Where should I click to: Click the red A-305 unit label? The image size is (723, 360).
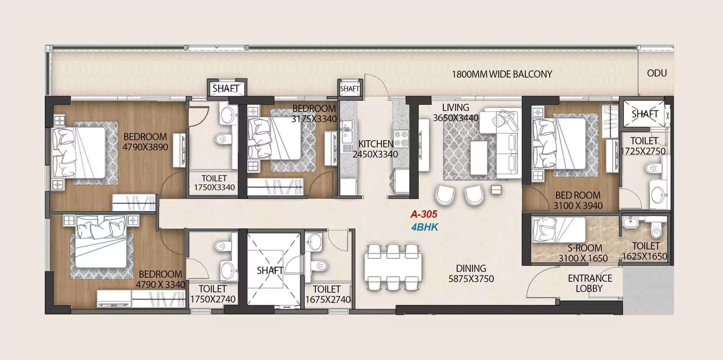[x=424, y=214]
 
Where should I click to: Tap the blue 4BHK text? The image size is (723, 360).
[x=425, y=227]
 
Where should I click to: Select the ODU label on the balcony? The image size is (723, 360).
[x=657, y=73]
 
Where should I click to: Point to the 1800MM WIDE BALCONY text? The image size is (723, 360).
[x=502, y=74]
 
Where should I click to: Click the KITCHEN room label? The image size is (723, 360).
[x=376, y=144]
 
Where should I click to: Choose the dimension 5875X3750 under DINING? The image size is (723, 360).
[x=471, y=279]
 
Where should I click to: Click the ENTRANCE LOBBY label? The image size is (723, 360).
[x=590, y=283]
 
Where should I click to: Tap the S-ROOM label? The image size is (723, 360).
[x=585, y=248]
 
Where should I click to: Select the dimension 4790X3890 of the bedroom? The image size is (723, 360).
[x=145, y=147]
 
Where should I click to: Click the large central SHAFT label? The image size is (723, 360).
[x=270, y=270]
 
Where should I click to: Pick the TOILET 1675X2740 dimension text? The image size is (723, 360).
[x=328, y=300]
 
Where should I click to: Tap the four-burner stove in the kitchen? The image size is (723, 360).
[x=401, y=139]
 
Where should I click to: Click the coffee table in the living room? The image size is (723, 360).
[x=479, y=158]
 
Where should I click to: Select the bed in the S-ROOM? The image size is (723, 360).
[x=559, y=229]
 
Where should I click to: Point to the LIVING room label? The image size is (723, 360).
[x=456, y=107]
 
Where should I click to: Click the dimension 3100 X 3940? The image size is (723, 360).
[x=578, y=206]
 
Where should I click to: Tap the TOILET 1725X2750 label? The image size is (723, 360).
[x=644, y=146]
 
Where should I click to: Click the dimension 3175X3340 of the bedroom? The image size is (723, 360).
[x=314, y=119]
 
